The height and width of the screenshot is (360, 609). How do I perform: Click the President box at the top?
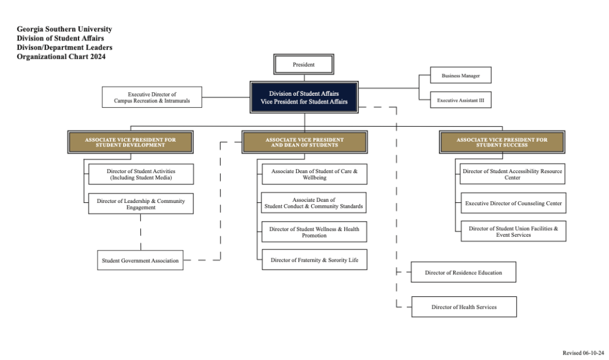point(303,64)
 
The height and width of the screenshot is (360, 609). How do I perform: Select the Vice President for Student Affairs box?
point(304,98)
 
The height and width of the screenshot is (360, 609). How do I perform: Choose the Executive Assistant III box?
point(460,101)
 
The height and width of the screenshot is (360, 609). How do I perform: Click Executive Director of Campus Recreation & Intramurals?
point(152,98)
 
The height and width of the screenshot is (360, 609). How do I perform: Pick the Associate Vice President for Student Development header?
point(130,142)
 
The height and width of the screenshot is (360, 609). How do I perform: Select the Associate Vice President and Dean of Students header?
point(304,142)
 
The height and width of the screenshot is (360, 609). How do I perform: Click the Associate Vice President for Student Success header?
point(502,142)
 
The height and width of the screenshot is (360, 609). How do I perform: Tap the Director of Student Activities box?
point(140,174)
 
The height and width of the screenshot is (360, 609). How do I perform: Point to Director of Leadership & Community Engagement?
point(140,204)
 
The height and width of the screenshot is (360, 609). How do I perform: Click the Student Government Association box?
point(140,260)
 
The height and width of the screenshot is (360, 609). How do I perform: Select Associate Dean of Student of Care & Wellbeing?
point(314,174)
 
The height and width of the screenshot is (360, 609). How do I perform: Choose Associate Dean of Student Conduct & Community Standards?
point(313,203)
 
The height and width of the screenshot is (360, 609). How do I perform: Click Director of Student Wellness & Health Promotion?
point(314,231)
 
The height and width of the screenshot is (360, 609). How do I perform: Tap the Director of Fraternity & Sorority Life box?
point(314,260)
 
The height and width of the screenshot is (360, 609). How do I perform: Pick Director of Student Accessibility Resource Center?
point(513,174)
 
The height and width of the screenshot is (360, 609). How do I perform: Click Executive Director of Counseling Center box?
point(513,204)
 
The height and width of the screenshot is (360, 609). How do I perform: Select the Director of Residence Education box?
point(463,273)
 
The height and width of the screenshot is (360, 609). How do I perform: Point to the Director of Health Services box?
point(464,307)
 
